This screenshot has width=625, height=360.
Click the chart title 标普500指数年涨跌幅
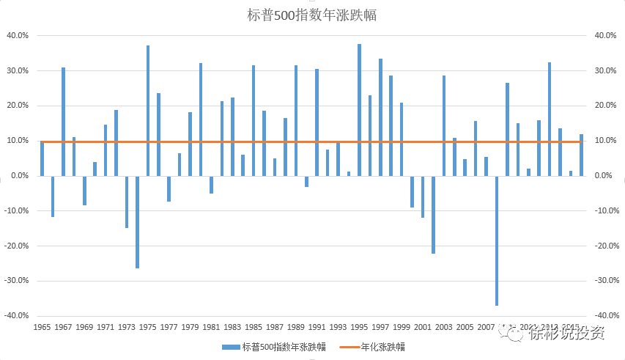pos(312,14)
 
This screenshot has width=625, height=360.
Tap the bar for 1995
pos(359,110)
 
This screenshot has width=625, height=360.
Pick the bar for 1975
pos(148,111)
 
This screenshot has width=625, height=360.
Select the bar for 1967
pos(63,122)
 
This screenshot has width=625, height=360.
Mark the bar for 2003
pos(443,125)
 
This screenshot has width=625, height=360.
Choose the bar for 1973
pos(127,202)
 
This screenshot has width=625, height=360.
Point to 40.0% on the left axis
pos(18,35)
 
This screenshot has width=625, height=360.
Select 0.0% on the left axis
pos(19,176)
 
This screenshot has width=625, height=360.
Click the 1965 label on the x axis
pos(42,328)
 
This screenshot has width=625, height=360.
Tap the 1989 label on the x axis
pos(296,328)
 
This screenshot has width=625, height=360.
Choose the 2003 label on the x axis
pos(443,328)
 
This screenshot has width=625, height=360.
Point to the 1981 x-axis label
pos(211,328)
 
